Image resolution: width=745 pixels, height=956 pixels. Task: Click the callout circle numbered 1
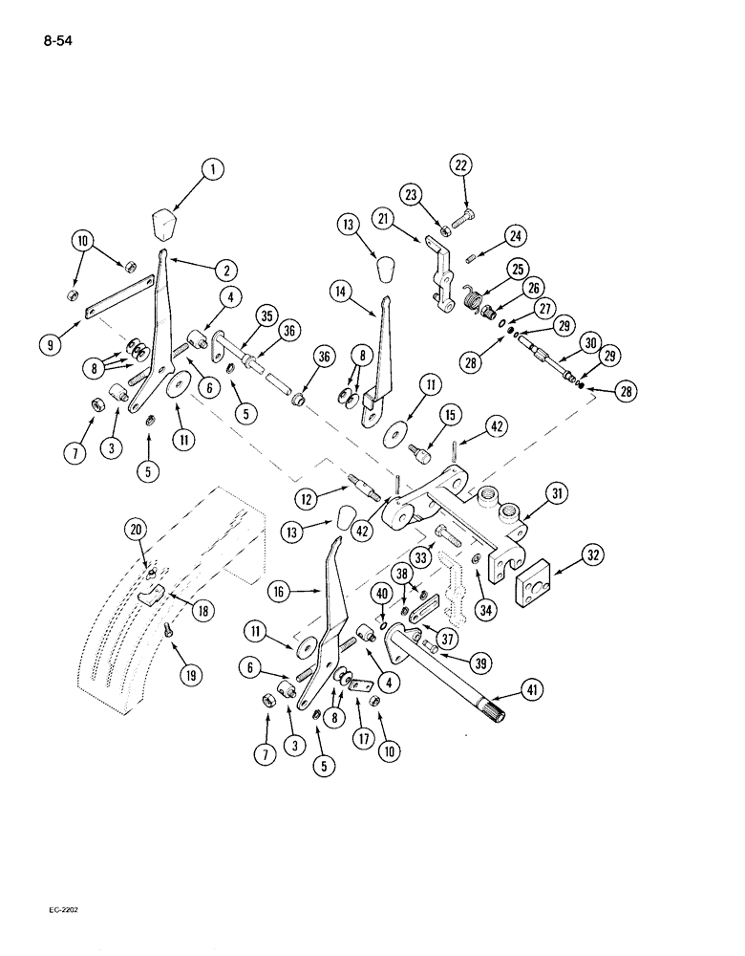[x=213, y=170]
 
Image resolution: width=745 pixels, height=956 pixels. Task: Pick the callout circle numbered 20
[x=137, y=527]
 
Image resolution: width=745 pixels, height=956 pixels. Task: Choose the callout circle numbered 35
[x=262, y=317]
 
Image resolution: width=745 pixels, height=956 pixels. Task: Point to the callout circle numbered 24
[x=517, y=234]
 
